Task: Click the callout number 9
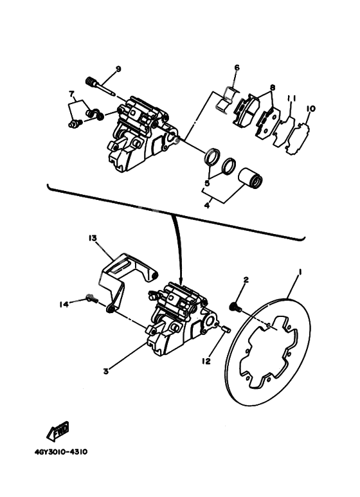click(x=118, y=69)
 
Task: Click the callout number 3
click(x=105, y=370)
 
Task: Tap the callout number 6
click(x=237, y=68)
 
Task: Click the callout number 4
click(x=208, y=206)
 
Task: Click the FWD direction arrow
click(x=59, y=430)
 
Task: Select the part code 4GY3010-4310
click(x=61, y=451)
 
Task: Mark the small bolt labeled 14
click(x=91, y=298)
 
